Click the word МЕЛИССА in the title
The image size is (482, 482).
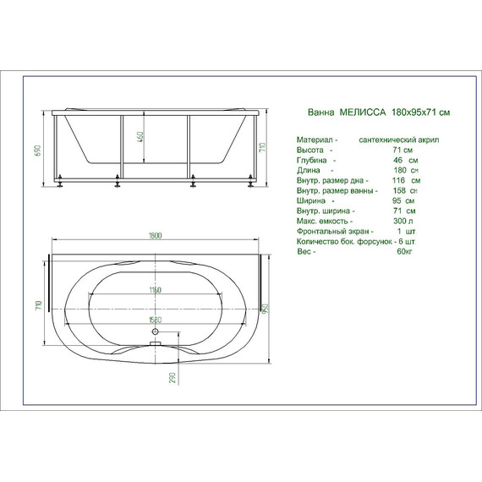tap(363, 112)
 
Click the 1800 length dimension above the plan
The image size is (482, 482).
tap(156, 236)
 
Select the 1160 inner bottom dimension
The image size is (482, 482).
tap(155, 291)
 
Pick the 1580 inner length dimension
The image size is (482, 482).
tap(155, 320)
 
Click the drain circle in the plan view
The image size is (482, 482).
tap(156, 343)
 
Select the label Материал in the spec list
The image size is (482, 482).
tap(314, 139)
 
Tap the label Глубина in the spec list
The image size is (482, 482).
tap(313, 160)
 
